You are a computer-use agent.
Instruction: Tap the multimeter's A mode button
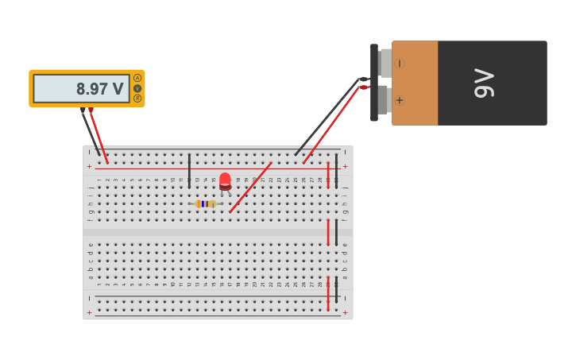tap(137, 78)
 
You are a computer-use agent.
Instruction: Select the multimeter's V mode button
tap(137, 88)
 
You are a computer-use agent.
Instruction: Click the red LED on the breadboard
tap(225, 180)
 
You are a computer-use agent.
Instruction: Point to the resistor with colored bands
tap(205, 204)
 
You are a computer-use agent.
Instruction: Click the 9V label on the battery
tap(484, 83)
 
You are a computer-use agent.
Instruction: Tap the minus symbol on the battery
tap(400, 64)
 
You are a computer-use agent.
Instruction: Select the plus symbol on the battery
tap(399, 100)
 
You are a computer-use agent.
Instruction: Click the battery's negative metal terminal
tap(385, 63)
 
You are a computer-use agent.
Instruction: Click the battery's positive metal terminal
tap(384, 100)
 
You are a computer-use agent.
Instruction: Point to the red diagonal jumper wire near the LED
tap(250, 188)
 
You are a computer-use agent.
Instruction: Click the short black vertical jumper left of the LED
tap(189, 170)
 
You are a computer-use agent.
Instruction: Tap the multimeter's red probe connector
tap(91, 110)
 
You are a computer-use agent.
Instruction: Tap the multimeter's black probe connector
tap(83, 110)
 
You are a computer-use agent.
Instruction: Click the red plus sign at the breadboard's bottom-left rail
tap(89, 313)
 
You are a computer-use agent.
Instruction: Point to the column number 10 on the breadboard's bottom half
tap(172, 284)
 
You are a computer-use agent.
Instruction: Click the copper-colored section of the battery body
tap(415, 83)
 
